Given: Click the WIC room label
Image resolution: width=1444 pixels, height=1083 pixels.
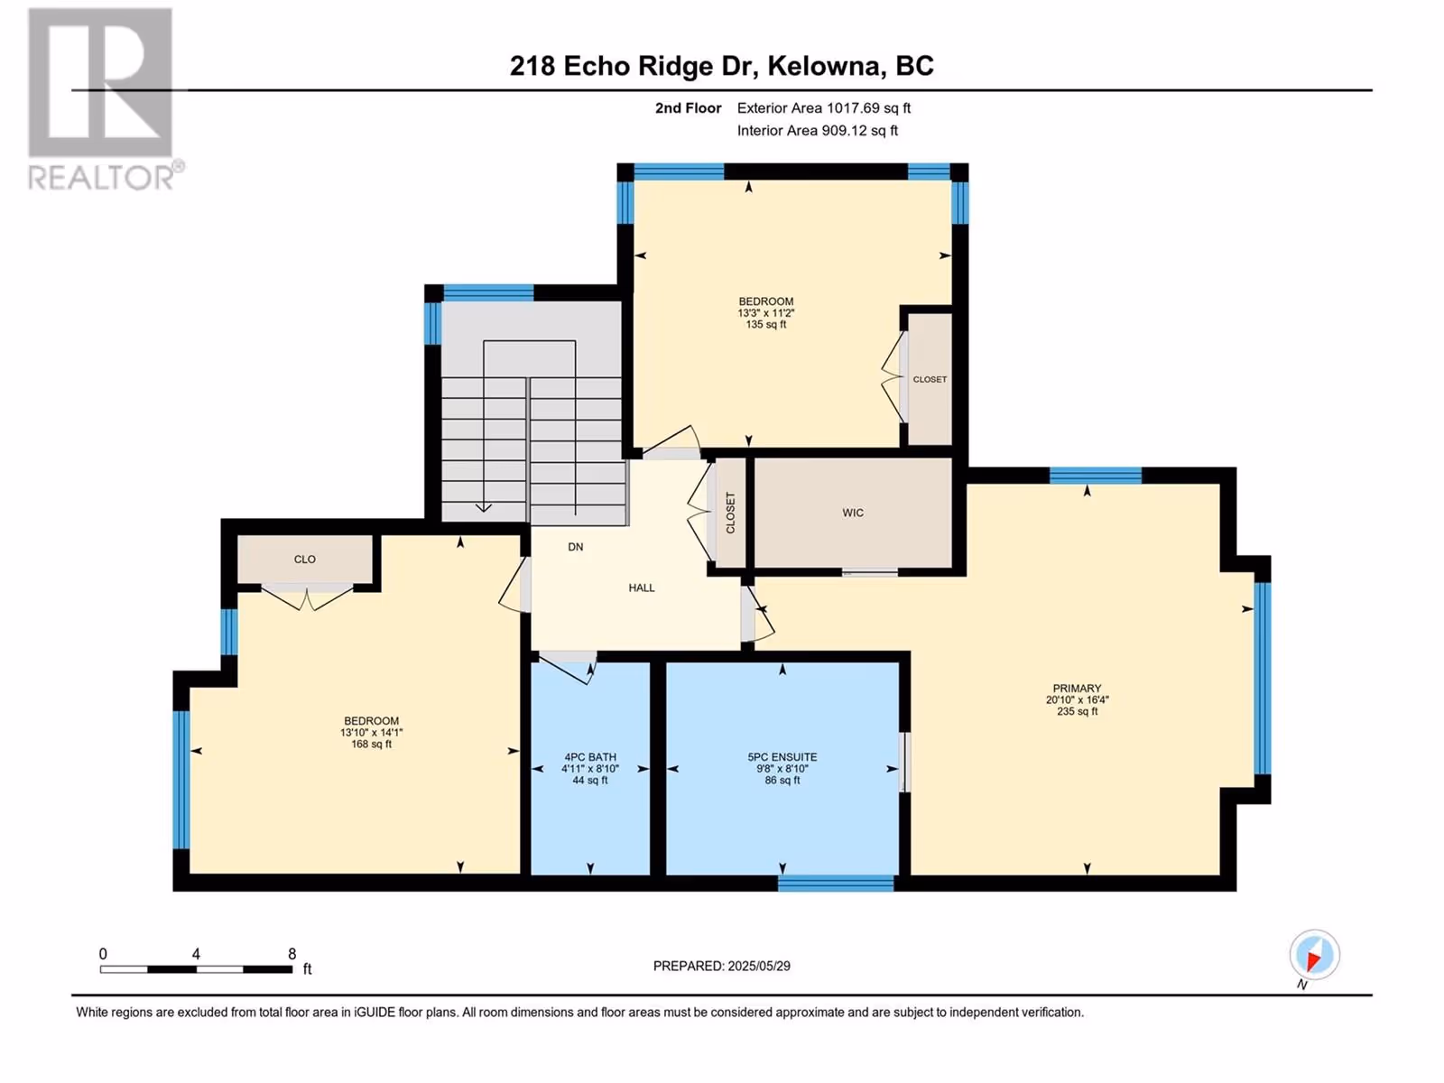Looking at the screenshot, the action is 853,513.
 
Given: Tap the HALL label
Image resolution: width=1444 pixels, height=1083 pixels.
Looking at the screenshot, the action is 642,588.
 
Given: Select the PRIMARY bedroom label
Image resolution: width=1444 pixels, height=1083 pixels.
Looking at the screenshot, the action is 1077,689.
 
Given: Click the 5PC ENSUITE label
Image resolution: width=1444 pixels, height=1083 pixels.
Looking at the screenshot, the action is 782,757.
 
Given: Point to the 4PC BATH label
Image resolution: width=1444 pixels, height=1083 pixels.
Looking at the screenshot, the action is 590,757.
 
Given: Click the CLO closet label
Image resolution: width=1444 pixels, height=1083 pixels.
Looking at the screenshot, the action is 304,560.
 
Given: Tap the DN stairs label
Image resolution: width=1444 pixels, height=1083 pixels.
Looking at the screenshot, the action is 576,547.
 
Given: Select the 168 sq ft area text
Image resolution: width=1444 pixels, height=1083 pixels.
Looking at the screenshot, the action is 371,745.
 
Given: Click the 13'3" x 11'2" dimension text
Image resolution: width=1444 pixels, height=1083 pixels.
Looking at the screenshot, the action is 765,313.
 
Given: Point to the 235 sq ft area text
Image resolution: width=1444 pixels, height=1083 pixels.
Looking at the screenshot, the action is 1077,711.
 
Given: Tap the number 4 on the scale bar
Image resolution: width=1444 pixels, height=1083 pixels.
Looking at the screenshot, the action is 196,953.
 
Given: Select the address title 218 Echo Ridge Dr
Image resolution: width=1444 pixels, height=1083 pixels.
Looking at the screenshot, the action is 631,66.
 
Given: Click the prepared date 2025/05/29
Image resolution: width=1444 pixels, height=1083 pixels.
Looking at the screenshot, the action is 758,966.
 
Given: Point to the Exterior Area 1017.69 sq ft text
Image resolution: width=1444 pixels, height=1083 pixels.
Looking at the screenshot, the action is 824,108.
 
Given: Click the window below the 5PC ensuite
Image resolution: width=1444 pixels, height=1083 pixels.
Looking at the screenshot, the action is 836,884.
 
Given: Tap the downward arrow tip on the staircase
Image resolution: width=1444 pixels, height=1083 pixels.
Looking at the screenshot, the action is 484,511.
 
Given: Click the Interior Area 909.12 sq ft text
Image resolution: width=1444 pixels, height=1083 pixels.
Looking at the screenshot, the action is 817,131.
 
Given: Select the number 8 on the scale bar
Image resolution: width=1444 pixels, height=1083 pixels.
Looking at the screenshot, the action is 292,953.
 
